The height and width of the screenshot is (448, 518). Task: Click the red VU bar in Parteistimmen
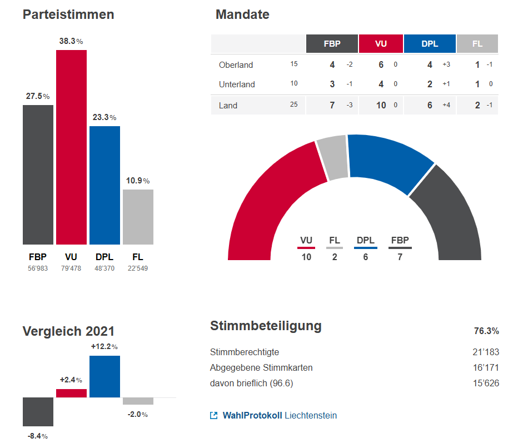tap(71, 147)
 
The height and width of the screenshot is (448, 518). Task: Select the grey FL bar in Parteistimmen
tap(138, 217)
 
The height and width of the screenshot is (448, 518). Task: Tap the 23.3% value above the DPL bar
tap(104, 118)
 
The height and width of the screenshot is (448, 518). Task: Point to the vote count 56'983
tap(38, 268)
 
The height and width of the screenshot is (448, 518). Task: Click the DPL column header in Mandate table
tap(430, 44)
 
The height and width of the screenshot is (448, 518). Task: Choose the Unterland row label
tap(237, 84)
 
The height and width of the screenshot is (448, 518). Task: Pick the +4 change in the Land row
tap(446, 105)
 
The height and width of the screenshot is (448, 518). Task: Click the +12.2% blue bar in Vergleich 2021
tap(104, 376)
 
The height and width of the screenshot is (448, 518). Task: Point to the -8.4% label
tap(38, 436)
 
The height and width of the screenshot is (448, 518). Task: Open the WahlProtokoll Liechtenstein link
tap(280, 416)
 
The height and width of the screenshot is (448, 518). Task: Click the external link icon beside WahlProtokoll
tap(214, 416)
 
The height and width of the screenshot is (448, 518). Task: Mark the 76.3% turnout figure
tap(486, 331)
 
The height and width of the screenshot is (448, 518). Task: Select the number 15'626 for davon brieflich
tap(486, 384)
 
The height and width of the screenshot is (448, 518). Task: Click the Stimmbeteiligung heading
tap(266, 326)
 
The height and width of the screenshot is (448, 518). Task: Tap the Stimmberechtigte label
tap(245, 352)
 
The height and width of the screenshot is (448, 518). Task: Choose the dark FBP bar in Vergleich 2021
tap(38, 411)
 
